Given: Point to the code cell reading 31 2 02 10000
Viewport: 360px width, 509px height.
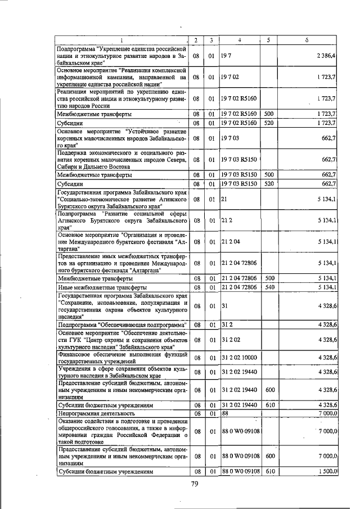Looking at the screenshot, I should tap(240, 358).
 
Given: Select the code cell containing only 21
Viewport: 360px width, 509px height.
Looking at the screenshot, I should tap(224, 200).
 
